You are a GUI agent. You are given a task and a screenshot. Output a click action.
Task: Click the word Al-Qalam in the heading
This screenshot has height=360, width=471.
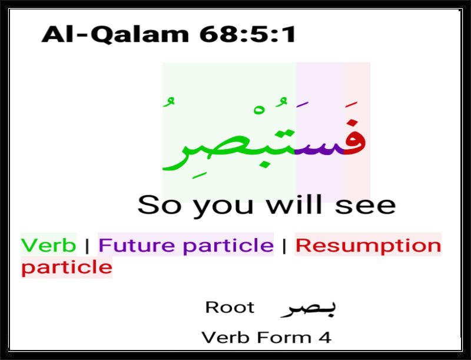tap(115, 35)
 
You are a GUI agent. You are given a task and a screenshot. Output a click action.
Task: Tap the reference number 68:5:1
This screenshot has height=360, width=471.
tap(247, 34)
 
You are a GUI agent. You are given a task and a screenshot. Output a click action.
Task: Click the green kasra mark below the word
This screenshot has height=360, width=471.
tap(197, 176)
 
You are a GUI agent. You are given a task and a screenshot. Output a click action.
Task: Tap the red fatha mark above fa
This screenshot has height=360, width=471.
tap(351, 104)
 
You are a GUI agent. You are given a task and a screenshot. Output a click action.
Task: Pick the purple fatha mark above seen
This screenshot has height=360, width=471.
tap(302, 104)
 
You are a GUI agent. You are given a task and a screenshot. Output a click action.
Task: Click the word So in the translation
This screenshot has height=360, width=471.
tap(160, 204)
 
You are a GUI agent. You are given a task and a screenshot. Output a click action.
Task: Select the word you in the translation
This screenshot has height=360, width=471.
tap(223, 207)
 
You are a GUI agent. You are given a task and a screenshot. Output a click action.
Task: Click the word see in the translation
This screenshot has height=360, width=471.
tap(365, 206)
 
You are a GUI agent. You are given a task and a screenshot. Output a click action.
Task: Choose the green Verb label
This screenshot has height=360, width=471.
tap(48, 245)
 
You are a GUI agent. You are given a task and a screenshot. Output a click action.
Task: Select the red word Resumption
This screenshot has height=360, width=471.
tap(369, 246)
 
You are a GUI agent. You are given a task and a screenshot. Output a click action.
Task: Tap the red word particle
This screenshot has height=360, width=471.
tap(67, 267)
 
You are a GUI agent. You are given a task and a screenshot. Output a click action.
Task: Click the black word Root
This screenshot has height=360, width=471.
tap(230, 308)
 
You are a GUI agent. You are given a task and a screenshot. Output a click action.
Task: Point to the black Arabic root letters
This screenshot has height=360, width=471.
tap(308, 309)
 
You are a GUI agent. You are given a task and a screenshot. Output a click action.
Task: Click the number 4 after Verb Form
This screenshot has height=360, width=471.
tap(325, 337)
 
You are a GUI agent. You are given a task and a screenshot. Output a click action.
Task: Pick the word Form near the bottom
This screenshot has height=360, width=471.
tap(284, 337)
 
